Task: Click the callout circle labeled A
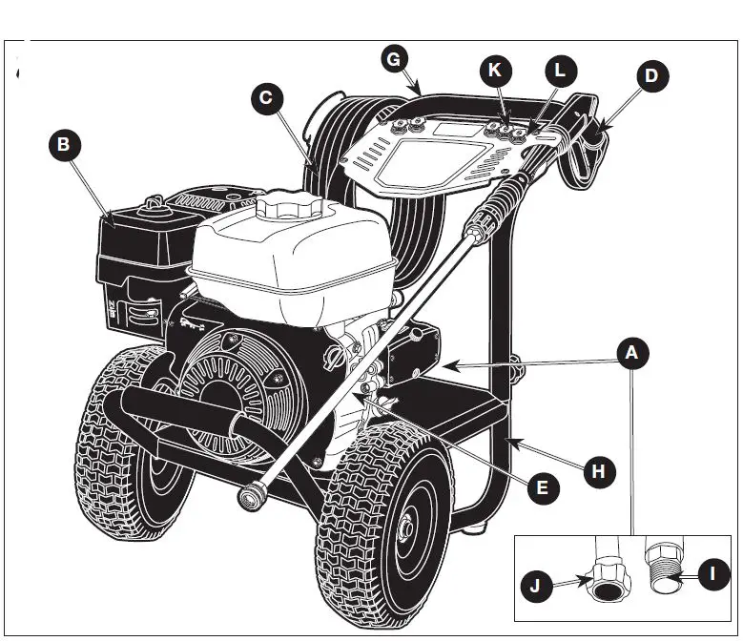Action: (630, 354)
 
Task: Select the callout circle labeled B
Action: (63, 146)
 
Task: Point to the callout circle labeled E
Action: (542, 488)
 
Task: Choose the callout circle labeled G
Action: (392, 58)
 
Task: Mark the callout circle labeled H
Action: (598, 470)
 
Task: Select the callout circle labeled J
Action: (535, 584)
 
